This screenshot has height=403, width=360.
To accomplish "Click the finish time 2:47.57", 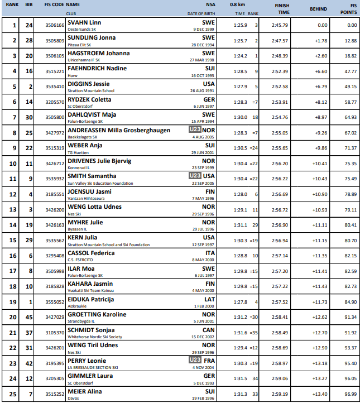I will click(x=280, y=41).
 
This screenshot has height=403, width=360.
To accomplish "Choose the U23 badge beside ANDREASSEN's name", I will click(x=194, y=130).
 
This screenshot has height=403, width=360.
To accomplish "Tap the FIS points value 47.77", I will click(x=350, y=71).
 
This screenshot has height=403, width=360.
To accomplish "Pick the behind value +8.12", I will click(x=320, y=102).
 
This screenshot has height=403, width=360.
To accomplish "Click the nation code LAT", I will click(x=209, y=299).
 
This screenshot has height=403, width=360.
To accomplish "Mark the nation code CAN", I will click(x=209, y=329).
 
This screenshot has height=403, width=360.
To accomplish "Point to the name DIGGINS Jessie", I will click(x=88, y=84).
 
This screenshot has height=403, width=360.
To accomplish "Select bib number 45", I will click(x=29, y=317).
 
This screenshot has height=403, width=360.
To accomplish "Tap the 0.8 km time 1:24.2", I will click(x=241, y=56).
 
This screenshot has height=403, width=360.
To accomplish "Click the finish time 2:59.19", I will click(x=280, y=394).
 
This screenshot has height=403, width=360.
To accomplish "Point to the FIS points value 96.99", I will click(x=350, y=394).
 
